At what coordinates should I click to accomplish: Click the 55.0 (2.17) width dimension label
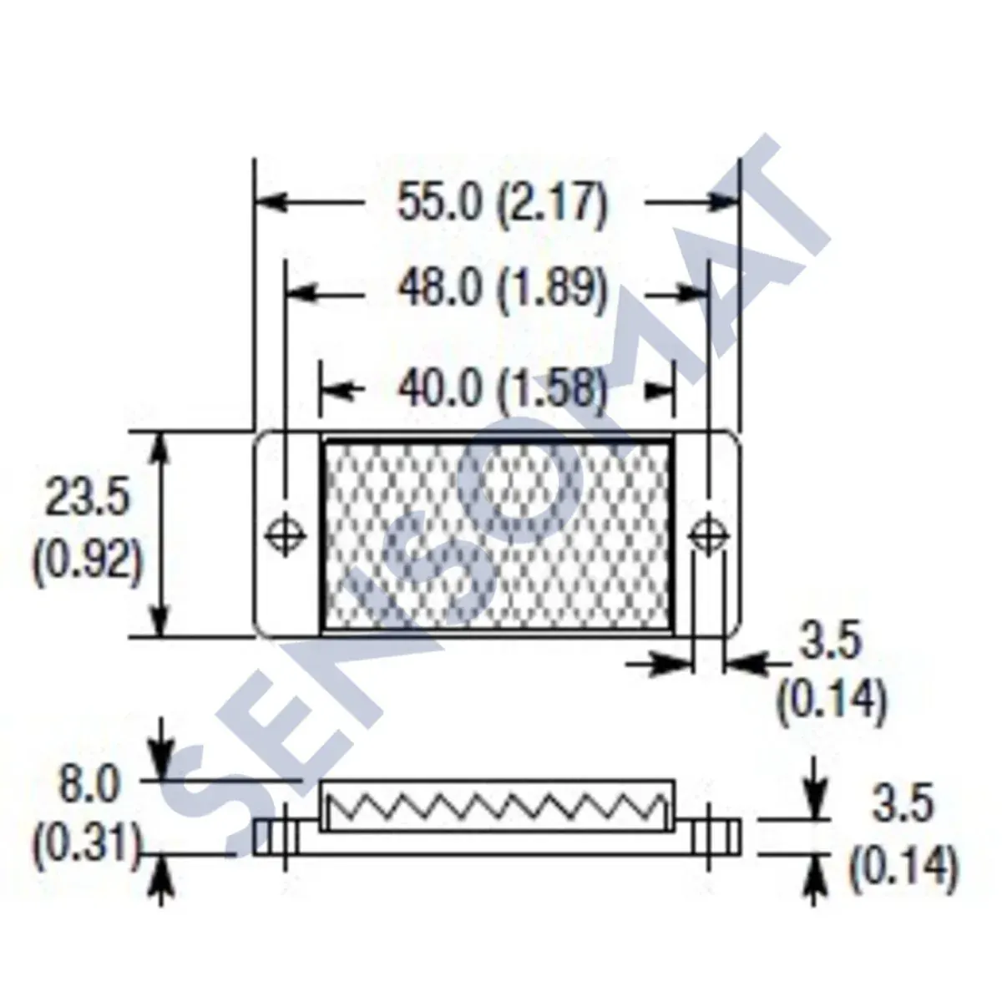[501, 203]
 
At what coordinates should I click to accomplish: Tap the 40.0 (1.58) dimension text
[501, 389]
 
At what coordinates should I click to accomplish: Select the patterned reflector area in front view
[497, 534]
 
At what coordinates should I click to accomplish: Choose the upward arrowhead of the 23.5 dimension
[162, 448]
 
